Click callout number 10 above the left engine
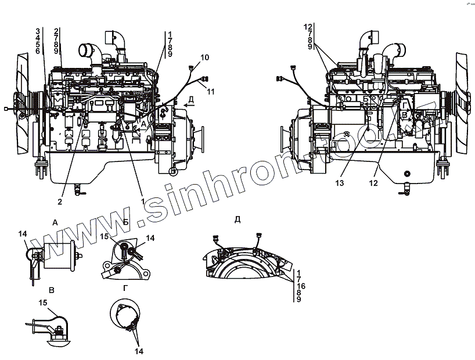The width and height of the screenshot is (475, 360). [204, 57]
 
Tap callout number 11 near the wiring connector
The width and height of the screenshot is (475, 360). [210, 92]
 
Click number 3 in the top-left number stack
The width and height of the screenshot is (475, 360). [38, 31]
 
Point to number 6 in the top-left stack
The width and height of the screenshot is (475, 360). [38, 52]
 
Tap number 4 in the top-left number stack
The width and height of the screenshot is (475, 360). [38, 38]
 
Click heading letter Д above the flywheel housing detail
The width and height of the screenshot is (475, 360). [237, 219]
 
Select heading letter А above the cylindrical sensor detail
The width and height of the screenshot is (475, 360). [55, 222]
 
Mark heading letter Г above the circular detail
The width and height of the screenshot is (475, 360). [126, 289]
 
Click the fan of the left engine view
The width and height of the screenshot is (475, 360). [25, 103]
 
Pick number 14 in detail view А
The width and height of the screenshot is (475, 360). [23, 233]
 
